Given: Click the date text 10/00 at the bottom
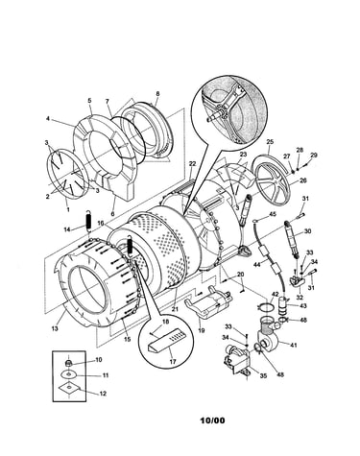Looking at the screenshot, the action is [212, 420].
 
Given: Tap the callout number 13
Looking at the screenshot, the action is [55, 328].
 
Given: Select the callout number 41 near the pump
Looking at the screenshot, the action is [294, 345].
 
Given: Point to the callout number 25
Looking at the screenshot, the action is [270, 141].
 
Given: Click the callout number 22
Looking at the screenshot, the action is [192, 163].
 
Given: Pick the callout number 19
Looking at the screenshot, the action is [202, 331].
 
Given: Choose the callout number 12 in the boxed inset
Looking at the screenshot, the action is [103, 394].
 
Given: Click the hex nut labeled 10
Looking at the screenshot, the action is [68, 363].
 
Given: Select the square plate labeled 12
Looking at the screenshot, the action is [68, 388].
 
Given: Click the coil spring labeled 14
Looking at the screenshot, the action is [88, 221].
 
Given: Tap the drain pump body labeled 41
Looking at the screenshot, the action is [268, 336].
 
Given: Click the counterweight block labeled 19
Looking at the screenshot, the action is [208, 302].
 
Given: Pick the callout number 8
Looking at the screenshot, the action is [157, 94].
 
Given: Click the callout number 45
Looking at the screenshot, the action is [273, 214].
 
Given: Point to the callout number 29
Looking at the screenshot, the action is [313, 155].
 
